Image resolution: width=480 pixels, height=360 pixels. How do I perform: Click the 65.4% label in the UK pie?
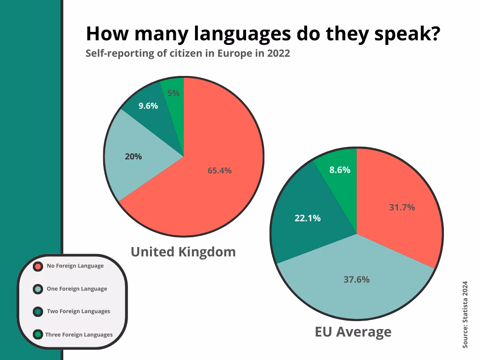click(x=219, y=171)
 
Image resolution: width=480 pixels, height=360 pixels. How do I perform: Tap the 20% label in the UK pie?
click(x=133, y=157)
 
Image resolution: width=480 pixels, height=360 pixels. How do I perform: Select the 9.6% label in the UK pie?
click(x=148, y=106)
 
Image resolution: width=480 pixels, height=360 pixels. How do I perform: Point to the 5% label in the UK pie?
click(x=173, y=93)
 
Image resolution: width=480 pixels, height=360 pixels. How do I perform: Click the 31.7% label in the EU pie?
click(x=402, y=207)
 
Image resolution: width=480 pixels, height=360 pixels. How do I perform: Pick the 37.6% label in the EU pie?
click(x=357, y=279)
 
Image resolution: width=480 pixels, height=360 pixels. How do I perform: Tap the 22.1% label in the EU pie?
click(x=307, y=218)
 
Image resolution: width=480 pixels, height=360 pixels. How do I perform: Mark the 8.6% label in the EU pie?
click(x=340, y=170)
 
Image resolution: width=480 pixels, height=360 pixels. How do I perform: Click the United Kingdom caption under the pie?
click(x=183, y=252)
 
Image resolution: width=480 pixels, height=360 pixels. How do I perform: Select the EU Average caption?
click(x=353, y=332)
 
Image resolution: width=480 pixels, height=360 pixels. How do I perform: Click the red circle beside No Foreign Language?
click(x=38, y=266)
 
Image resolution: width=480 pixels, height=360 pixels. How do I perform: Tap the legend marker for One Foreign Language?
click(x=38, y=289)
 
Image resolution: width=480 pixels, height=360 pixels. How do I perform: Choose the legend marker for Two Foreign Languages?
click(x=38, y=312)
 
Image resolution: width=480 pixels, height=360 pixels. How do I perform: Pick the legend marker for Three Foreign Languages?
click(x=38, y=334)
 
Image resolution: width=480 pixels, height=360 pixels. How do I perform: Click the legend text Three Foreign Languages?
click(x=79, y=335)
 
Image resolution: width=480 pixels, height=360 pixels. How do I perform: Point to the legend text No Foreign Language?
click(x=75, y=266)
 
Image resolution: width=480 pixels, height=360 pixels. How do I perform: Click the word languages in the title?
click(x=242, y=34)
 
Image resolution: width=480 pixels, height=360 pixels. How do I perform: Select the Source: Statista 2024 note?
click(x=465, y=315)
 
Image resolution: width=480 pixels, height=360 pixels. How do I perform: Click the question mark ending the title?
click(x=436, y=33)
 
